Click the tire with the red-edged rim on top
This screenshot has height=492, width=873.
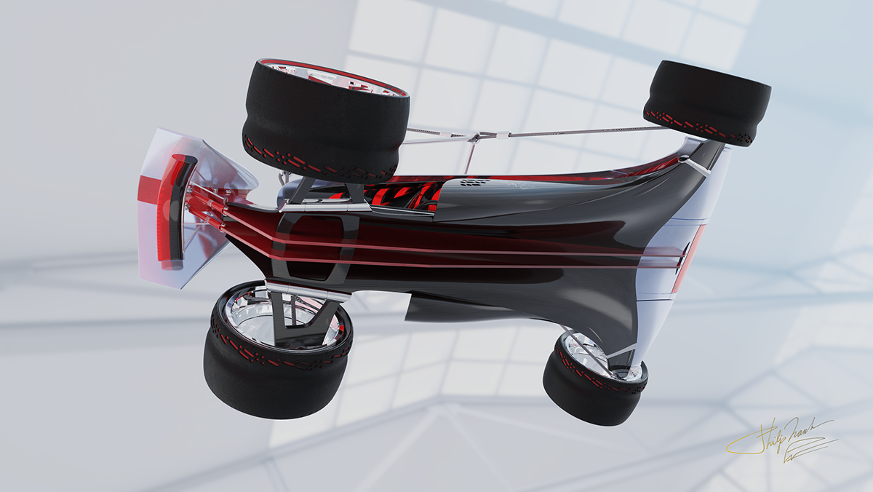click(325, 120)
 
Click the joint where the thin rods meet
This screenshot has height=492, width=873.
click(475, 137)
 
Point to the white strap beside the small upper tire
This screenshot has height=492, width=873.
click(697, 166)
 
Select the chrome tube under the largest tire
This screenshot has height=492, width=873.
click(320, 207)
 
